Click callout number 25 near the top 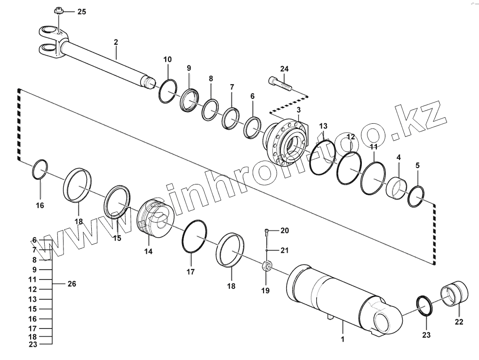[x=81, y=12]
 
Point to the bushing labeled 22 [x=455, y=293]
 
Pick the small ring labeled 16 [x=40, y=170]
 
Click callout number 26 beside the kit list [x=72, y=284]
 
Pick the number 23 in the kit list [x=32, y=344]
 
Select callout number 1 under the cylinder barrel [x=343, y=338]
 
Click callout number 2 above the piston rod [x=116, y=42]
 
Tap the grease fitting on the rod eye [x=59, y=10]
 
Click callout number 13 [x=323, y=126]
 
